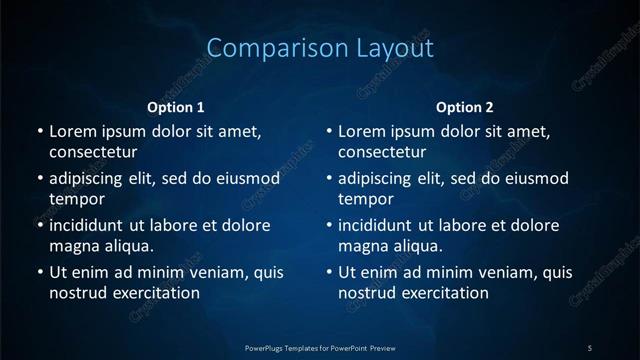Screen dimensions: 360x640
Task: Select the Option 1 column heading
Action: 176,107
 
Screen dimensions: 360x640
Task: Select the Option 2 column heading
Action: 465,107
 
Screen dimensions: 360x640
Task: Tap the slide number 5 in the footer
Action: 590,347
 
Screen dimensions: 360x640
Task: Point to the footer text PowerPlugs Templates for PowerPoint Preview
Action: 320,347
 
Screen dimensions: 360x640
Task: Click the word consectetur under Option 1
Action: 92,152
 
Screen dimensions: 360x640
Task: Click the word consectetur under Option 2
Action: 382,152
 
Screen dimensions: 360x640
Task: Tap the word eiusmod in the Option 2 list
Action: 536,179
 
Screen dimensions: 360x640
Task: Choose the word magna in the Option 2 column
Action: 363,246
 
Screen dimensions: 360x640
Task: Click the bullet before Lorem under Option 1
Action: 40,132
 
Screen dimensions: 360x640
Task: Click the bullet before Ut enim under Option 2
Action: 330,273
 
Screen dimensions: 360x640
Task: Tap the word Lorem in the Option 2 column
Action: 364,132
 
